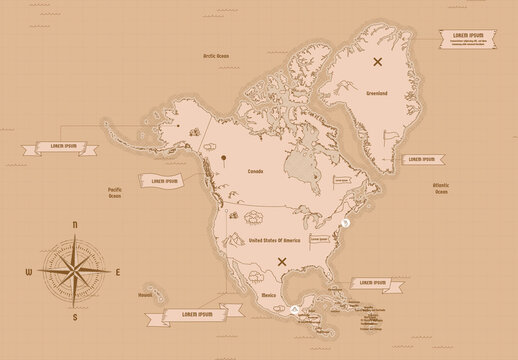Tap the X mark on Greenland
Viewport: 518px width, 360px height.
(378, 61)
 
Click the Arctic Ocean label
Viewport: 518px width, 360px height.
(215, 57)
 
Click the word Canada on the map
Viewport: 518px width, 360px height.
(255, 171)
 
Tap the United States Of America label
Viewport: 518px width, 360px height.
(274, 241)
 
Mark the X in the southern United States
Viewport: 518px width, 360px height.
(282, 262)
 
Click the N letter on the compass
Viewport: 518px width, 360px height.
(76, 226)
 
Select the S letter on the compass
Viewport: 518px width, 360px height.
(76, 318)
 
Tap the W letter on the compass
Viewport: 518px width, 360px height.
(29, 272)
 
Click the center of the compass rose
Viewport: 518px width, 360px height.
(76, 272)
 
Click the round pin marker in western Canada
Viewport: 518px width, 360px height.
(225, 157)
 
